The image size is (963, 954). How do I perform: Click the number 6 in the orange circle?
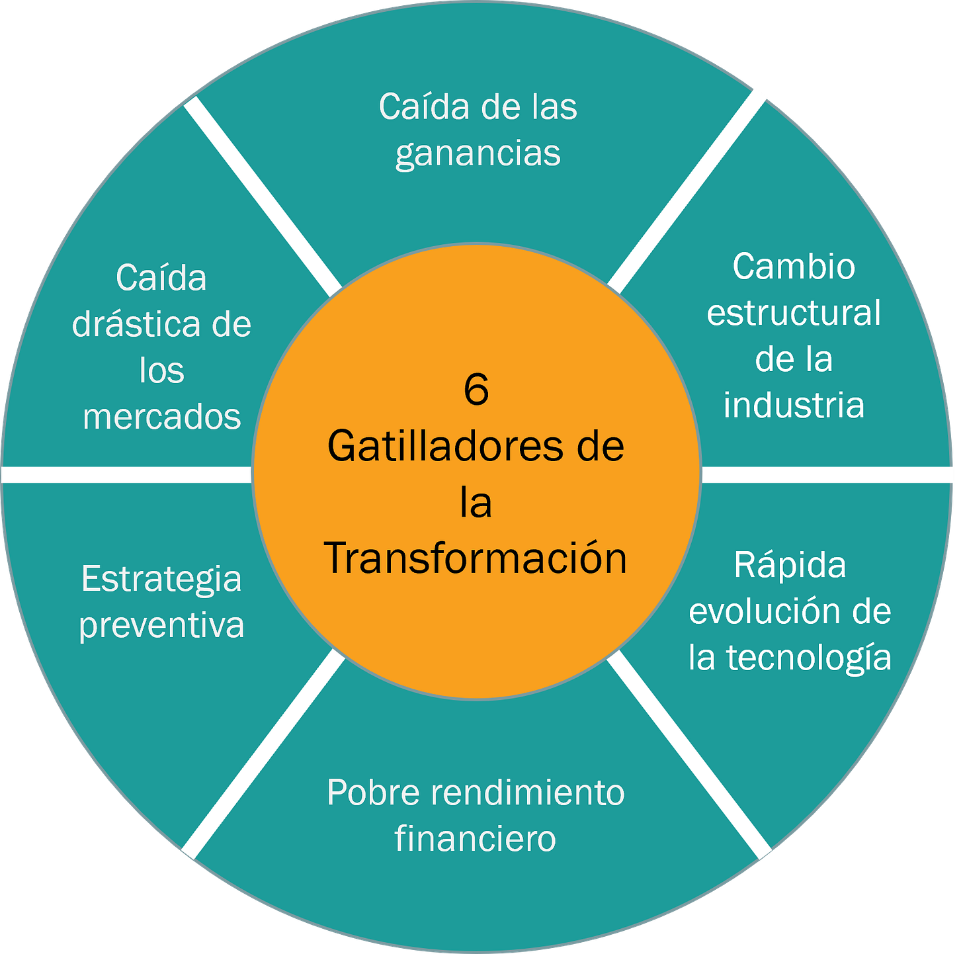[476, 390]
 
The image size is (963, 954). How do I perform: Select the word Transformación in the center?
[476, 558]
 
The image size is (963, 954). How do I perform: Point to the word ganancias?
[478, 153]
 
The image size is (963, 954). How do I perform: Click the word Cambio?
[794, 267]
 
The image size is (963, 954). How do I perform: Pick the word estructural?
[794, 313]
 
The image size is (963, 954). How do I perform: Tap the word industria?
[794, 405]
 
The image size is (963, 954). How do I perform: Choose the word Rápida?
[790, 566]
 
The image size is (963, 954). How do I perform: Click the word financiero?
[475, 838]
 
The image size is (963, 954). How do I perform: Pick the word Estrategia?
[161, 579]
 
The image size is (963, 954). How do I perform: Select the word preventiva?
[161, 625]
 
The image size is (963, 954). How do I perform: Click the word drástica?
[136, 324]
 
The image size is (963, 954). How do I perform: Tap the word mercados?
[161, 417]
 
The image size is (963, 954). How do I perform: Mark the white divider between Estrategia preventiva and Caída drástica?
[126, 474]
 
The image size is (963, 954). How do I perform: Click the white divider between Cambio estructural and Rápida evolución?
[827, 474]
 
